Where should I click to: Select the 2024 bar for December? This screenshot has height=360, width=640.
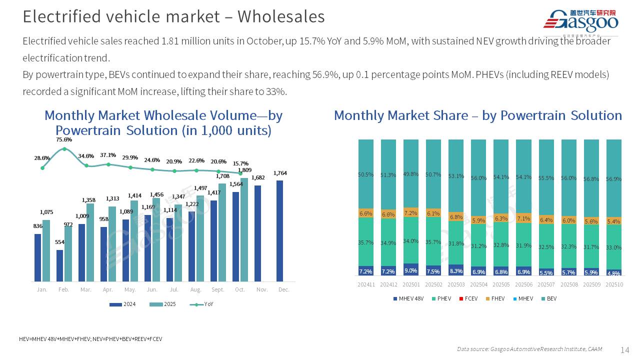(279, 230)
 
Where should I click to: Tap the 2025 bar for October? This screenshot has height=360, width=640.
(244, 229)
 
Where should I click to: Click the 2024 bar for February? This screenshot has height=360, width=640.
(60, 265)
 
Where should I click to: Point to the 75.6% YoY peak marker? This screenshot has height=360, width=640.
(64, 148)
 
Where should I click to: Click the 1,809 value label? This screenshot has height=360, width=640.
(244, 170)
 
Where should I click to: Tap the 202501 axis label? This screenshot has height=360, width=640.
(411, 284)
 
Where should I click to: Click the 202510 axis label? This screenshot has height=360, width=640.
(613, 284)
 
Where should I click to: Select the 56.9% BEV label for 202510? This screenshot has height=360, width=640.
(613, 179)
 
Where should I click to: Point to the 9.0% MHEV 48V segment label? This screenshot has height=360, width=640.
(411, 270)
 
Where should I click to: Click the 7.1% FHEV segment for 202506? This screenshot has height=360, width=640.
(523, 218)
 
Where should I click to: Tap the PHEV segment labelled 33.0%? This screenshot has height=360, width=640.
(613, 247)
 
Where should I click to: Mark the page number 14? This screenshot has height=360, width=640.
(624, 349)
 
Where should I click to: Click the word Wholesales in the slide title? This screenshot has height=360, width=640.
(280, 16)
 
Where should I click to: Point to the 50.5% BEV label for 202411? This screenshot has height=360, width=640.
(366, 174)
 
